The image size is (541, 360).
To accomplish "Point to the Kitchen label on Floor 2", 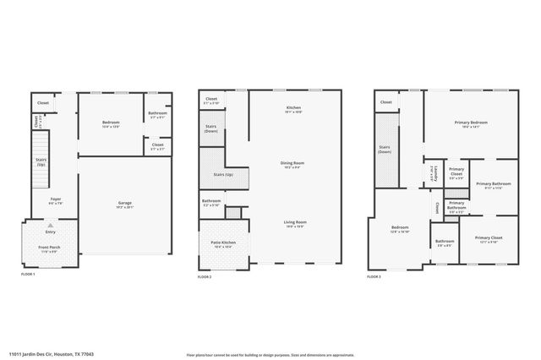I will coord(293,109).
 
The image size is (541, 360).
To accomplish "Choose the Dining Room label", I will coord(293,164).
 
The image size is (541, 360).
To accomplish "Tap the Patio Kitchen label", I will coord(223,244).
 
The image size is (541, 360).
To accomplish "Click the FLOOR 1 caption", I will coord(29,275).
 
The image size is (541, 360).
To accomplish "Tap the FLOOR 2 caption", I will coord(205,277).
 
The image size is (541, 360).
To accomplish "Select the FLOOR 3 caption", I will coord(374,276).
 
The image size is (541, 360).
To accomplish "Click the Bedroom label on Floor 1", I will coord(111,123).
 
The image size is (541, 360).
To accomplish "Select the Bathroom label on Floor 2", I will coord(211,202).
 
